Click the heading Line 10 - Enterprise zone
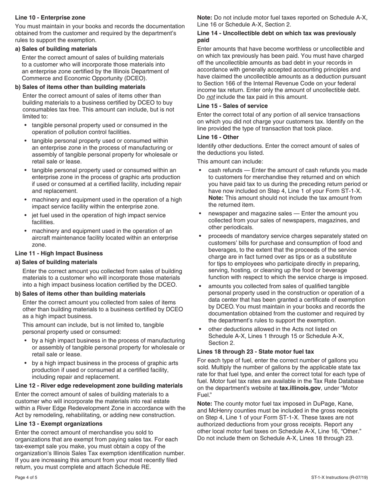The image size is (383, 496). (x=50, y=17)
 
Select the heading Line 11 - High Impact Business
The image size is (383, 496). (x=59, y=253)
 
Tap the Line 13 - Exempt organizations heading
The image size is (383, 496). (x=59, y=423)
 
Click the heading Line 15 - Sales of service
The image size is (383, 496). (x=232, y=106)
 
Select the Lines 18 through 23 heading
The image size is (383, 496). (x=255, y=352)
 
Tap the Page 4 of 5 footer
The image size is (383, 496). (x=26, y=477)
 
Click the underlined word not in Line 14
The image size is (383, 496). (x=210, y=97)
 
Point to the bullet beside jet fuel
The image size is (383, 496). (x=26, y=215)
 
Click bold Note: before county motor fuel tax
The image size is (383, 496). (x=206, y=404)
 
